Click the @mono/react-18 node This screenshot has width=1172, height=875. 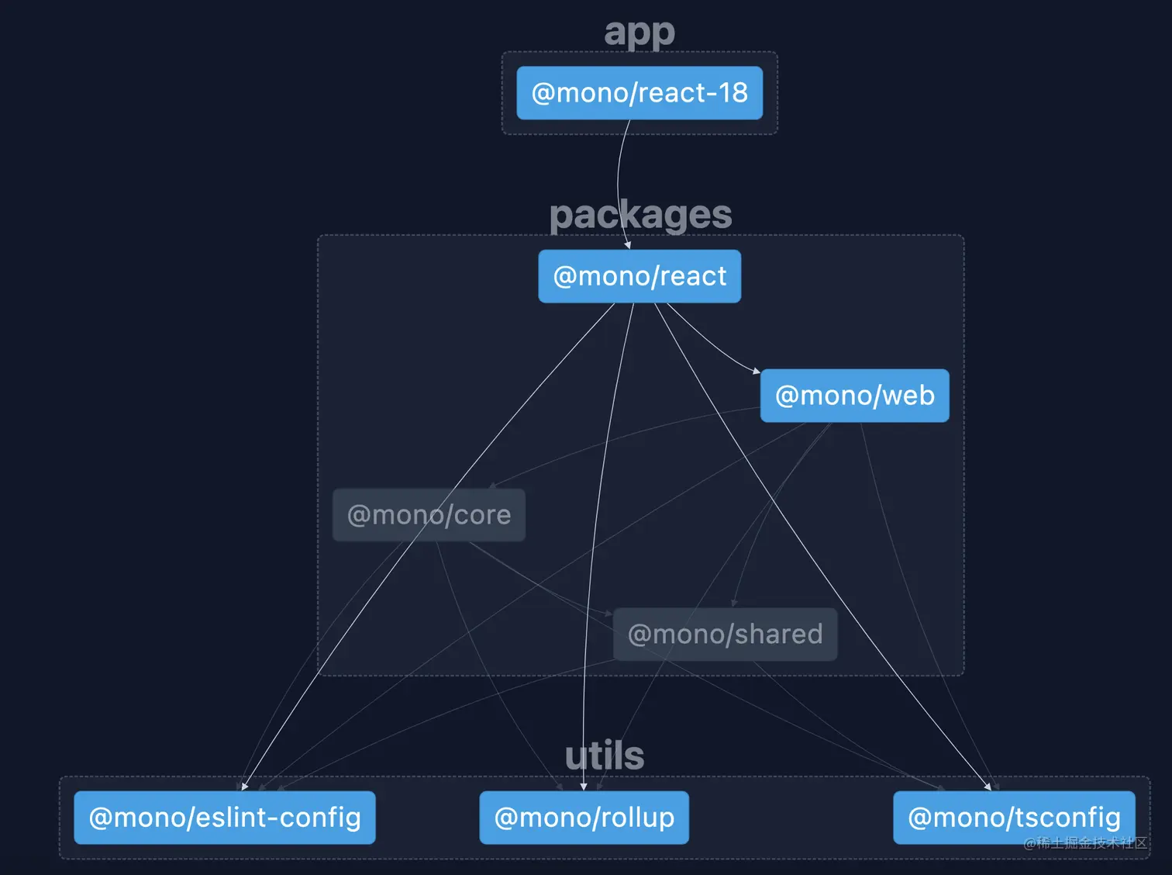[639, 93]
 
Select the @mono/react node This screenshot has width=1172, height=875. [639, 276]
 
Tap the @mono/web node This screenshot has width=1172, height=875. [854, 396]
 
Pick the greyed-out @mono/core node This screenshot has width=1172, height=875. [429, 515]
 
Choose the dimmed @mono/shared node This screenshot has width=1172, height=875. [725, 635]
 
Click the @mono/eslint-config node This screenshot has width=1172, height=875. [225, 818]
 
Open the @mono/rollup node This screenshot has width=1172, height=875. [584, 818]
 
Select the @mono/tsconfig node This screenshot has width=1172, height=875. [1014, 818]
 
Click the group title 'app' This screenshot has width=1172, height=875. [639, 33]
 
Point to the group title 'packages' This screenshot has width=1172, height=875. [640, 215]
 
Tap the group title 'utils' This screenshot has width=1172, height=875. [605, 756]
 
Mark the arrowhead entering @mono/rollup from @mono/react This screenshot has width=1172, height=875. [584, 787]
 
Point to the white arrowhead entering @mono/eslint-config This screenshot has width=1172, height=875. [244, 787]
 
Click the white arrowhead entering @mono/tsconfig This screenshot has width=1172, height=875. [988, 787]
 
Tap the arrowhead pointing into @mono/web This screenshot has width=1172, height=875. [757, 372]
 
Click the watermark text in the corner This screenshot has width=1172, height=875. [1085, 843]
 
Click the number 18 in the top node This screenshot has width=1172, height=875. [732, 93]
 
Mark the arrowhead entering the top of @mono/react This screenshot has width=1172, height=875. [628, 245]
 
